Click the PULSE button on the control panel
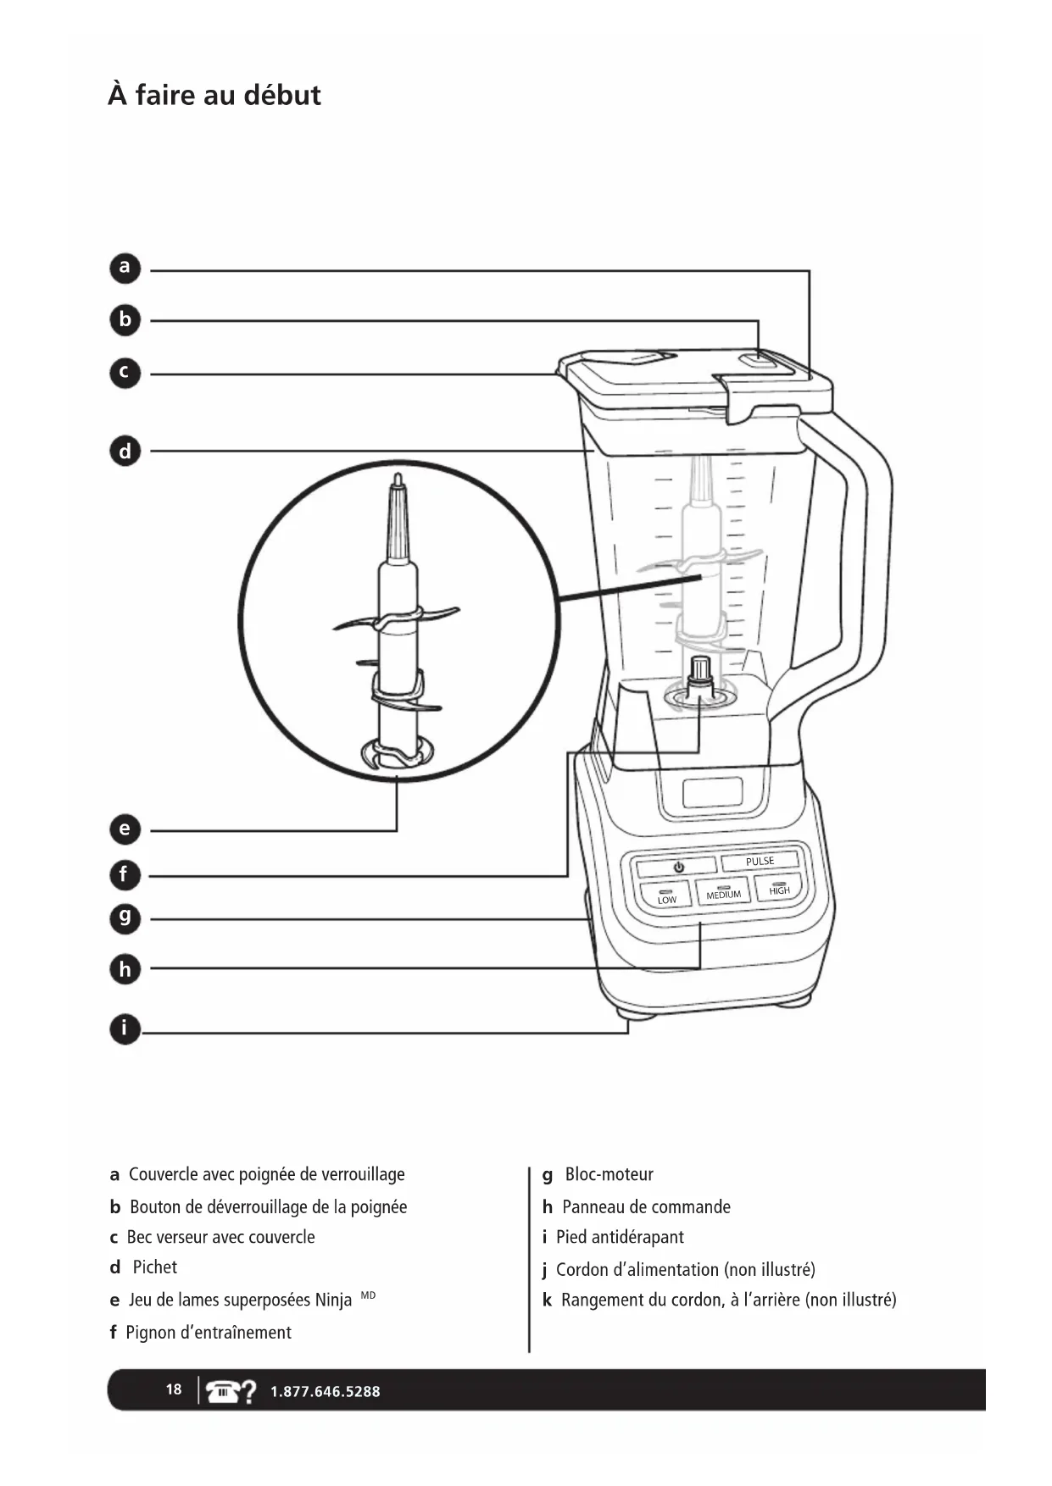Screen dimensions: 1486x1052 pyautogui.click(x=760, y=862)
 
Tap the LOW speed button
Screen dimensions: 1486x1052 pyautogui.click(x=666, y=896)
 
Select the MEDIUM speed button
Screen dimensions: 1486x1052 pyautogui.click(x=723, y=892)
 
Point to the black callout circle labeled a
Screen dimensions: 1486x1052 pyautogui.click(x=125, y=269)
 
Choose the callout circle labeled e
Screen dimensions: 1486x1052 pyautogui.click(x=125, y=829)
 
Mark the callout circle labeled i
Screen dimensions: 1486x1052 pyautogui.click(x=125, y=1029)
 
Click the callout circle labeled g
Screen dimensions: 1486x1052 pyautogui.click(x=125, y=918)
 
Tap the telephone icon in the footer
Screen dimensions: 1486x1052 pyautogui.click(x=223, y=1390)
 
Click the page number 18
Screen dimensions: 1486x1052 pyautogui.click(x=173, y=1389)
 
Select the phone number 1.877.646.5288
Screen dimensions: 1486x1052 pyautogui.click(x=325, y=1391)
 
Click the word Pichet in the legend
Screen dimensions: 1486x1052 pyautogui.click(x=154, y=1267)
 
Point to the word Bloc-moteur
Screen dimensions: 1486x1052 pyautogui.click(x=609, y=1175)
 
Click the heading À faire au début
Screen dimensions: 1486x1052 pyautogui.click(x=214, y=95)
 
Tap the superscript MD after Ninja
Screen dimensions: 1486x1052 pyautogui.click(x=368, y=1295)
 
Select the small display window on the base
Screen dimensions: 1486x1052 pyautogui.click(x=712, y=793)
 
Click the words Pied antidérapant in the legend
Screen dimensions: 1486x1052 pyautogui.click(x=620, y=1238)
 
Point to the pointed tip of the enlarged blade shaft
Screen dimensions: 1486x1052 pyautogui.click(x=397, y=480)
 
